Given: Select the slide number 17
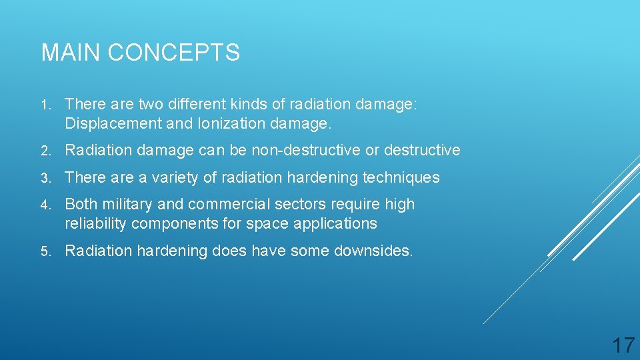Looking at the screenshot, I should (x=623, y=345).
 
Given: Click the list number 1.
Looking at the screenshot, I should (x=44, y=105).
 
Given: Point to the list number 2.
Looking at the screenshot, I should (x=45, y=151).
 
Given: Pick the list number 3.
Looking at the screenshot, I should (x=45, y=178).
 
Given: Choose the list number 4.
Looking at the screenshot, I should (x=45, y=205).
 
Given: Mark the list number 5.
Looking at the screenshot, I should (x=45, y=251).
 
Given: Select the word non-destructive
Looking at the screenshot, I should (x=305, y=150).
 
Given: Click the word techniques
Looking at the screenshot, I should (x=400, y=177).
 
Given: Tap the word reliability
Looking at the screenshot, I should (x=96, y=223).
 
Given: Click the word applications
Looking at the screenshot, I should (x=336, y=223).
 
